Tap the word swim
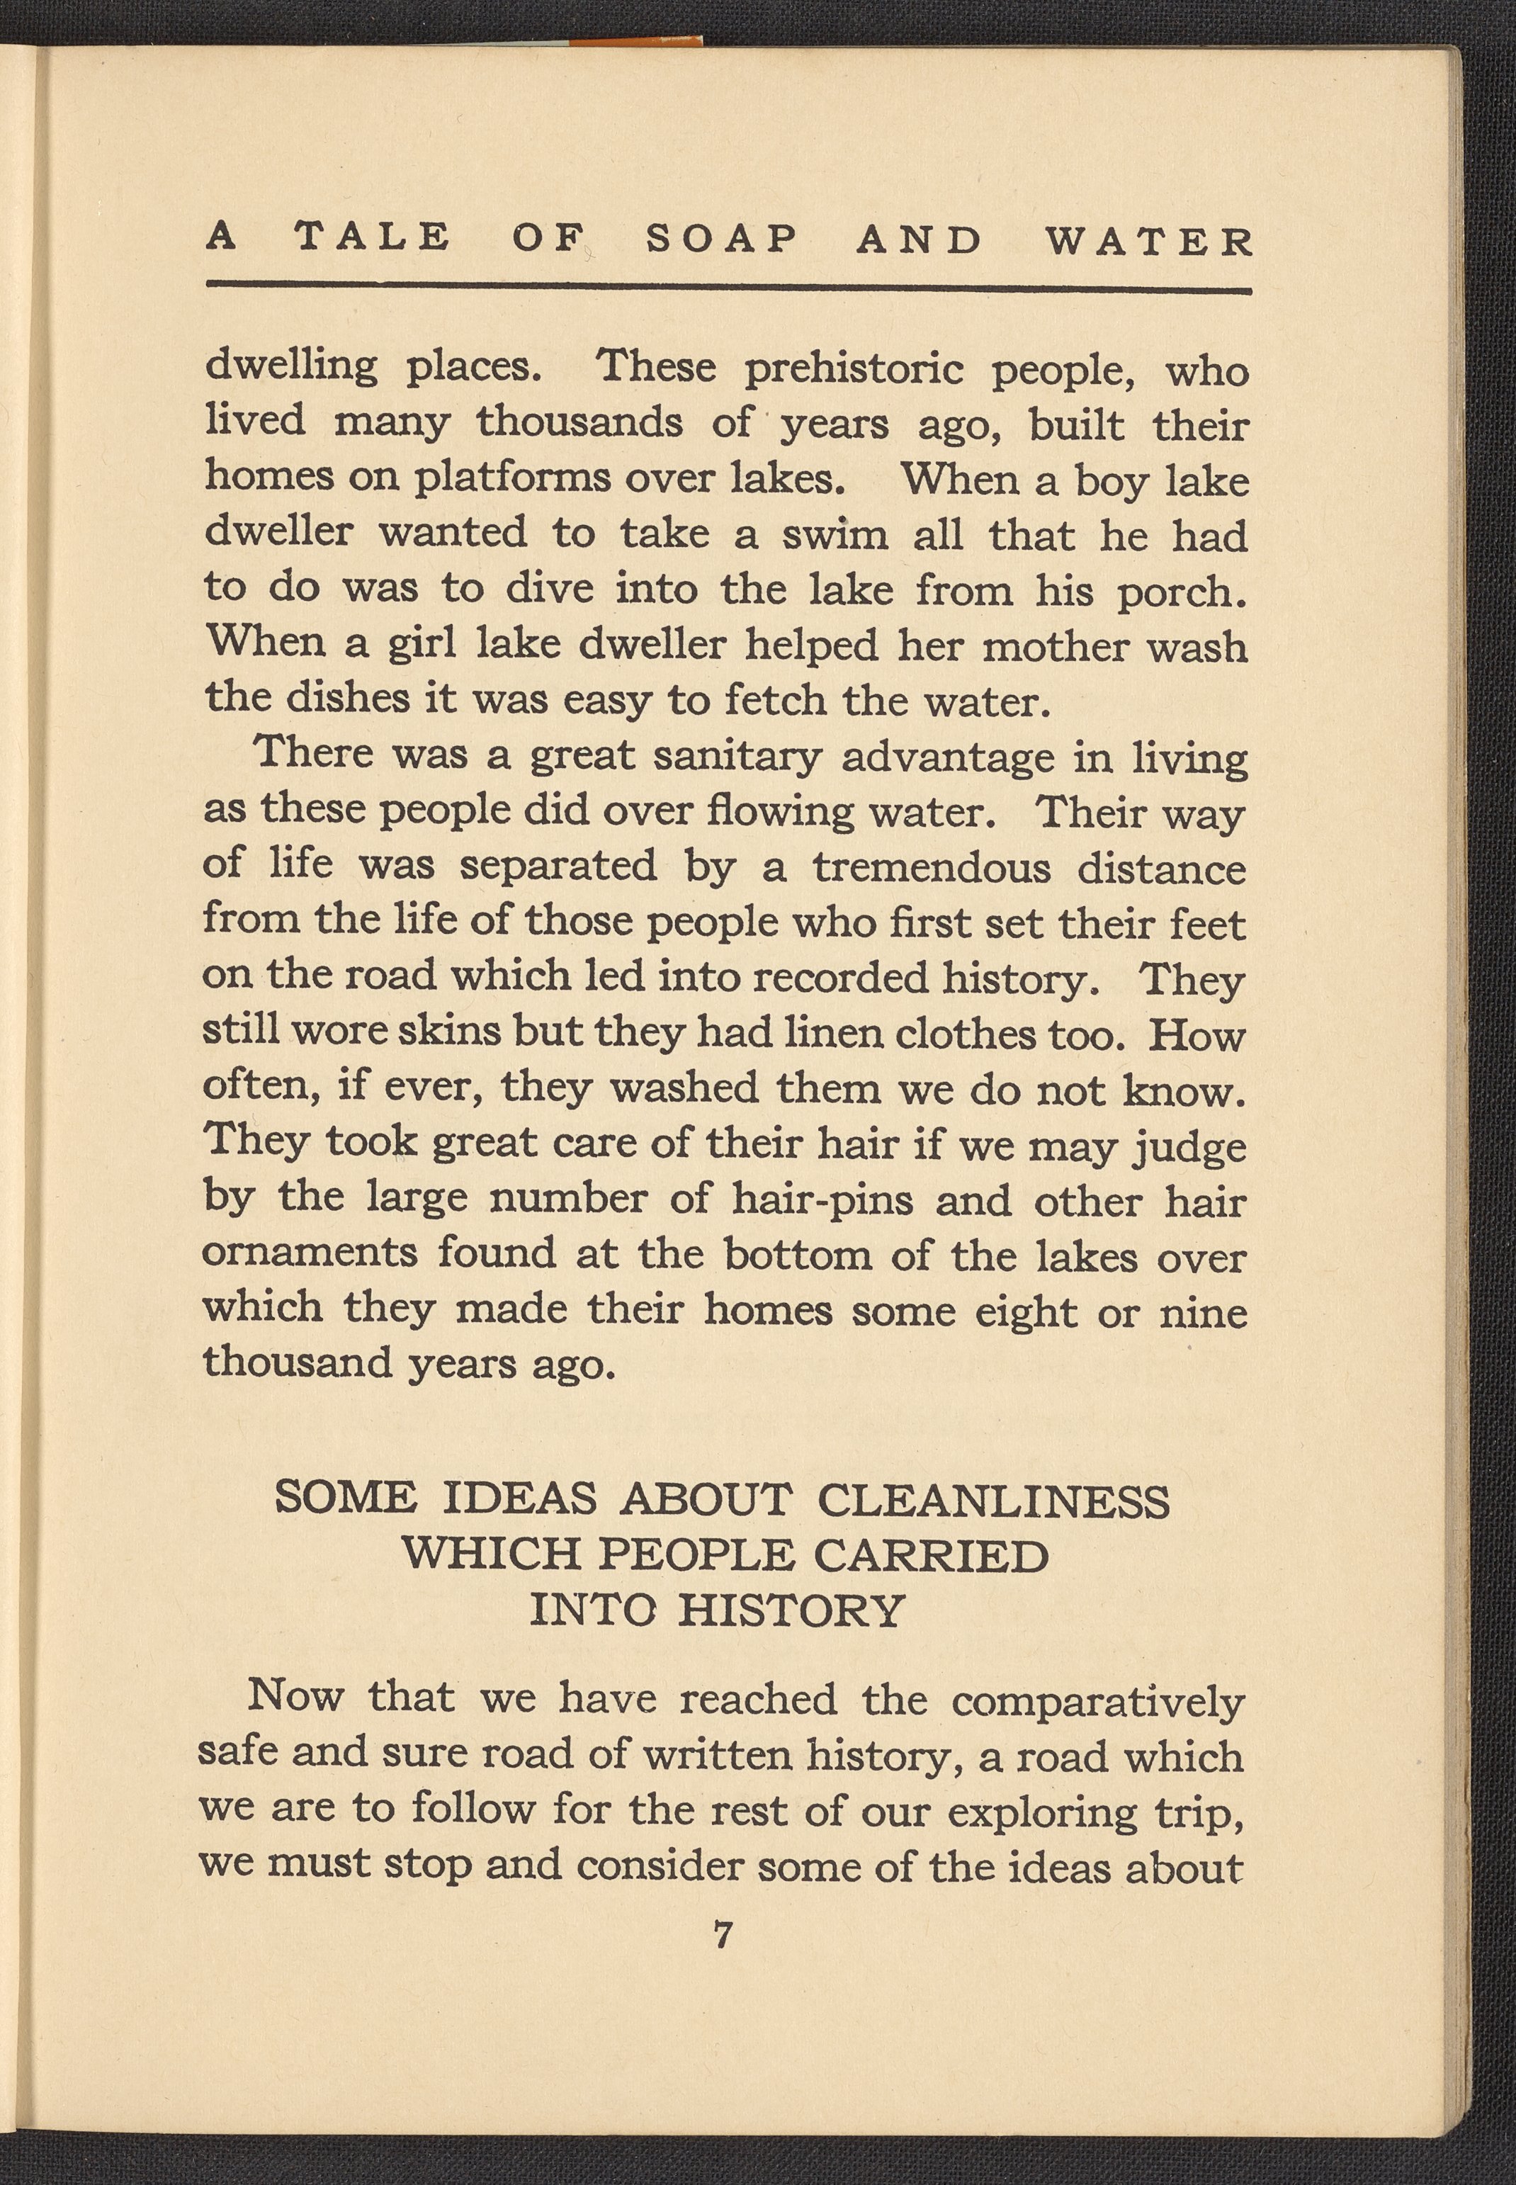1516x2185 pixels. click(835, 536)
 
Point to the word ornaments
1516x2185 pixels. click(310, 1254)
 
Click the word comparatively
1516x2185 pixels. click(1097, 1700)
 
